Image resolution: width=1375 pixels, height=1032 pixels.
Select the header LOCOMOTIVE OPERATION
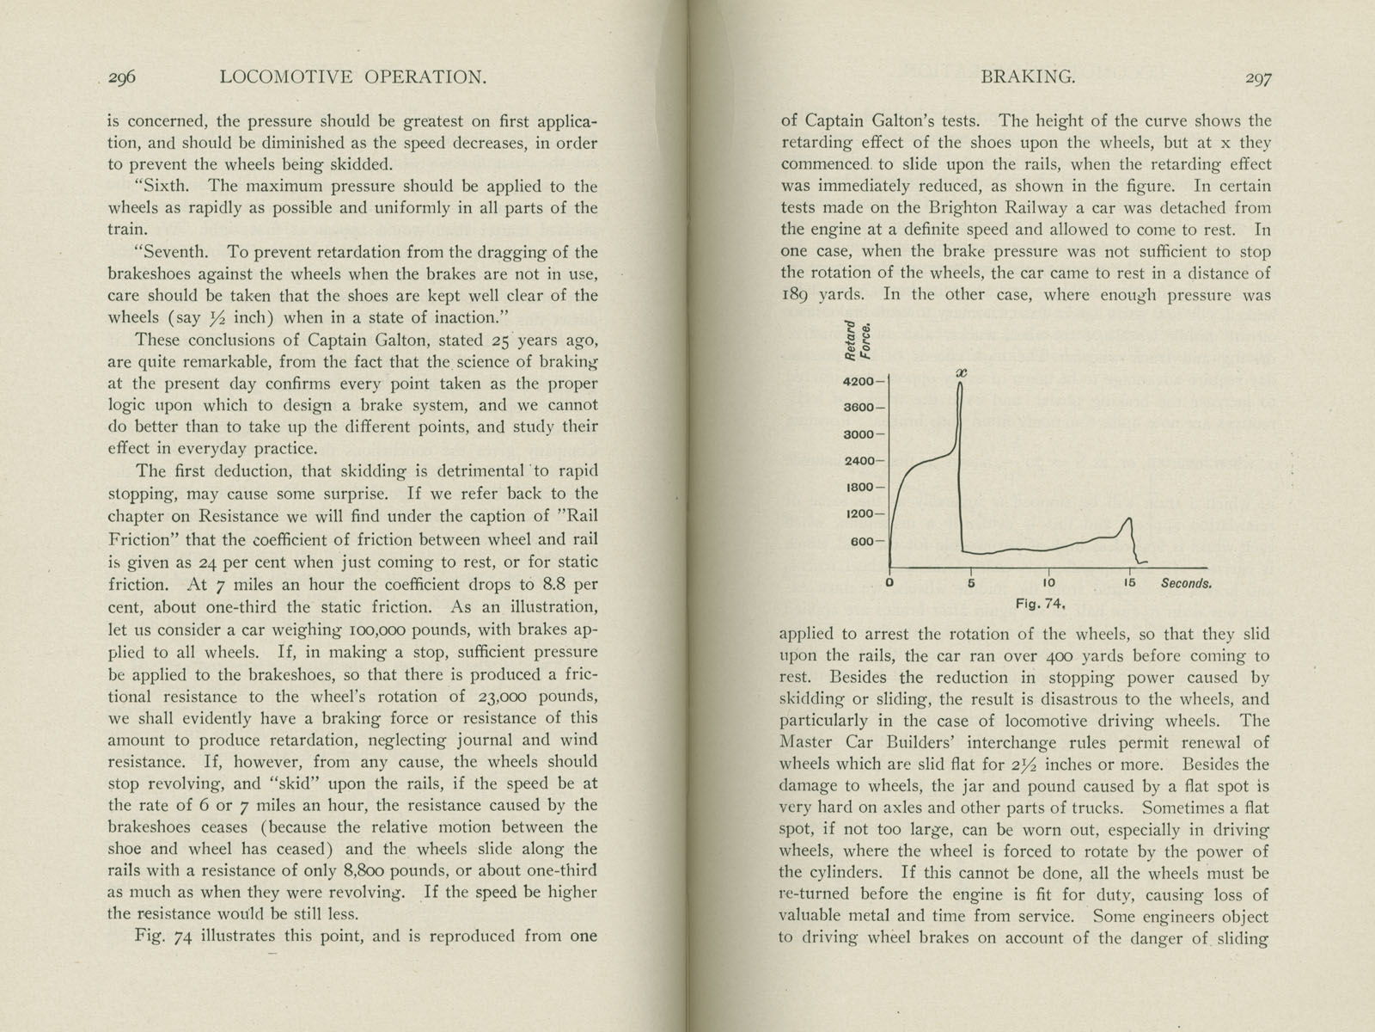tap(353, 77)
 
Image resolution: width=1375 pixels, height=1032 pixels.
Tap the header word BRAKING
tap(1027, 77)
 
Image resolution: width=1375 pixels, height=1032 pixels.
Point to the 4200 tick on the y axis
tap(859, 381)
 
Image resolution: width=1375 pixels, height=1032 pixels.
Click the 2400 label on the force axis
tap(859, 461)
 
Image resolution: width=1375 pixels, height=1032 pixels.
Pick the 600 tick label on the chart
tap(863, 542)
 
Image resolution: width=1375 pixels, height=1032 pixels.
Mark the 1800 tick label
tap(859, 488)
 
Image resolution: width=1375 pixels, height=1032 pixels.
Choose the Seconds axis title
tap(1186, 583)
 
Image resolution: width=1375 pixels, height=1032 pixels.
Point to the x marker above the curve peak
tap(962, 372)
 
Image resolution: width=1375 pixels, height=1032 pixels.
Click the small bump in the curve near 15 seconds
tap(1127, 519)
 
